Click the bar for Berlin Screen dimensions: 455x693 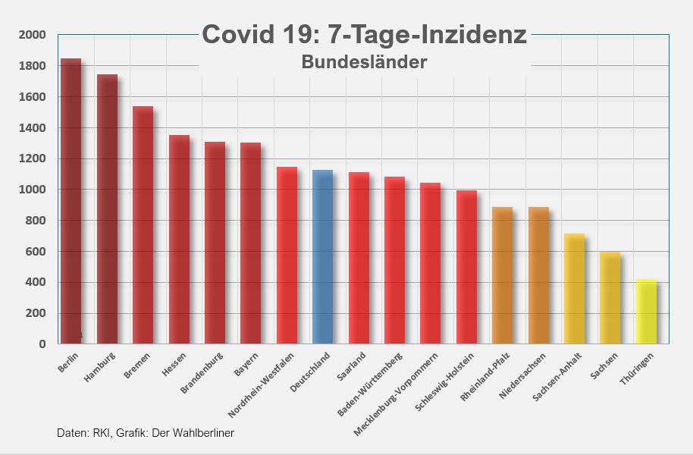click(71, 201)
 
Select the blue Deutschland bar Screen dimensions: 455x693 click(323, 257)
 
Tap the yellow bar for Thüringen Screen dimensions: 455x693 click(647, 312)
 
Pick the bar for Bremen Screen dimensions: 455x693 click(143, 225)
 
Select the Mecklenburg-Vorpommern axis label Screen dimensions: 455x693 click(397, 393)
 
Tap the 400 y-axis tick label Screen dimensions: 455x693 click(36, 282)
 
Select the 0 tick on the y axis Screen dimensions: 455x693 click(42, 344)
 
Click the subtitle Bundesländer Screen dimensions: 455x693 click(364, 62)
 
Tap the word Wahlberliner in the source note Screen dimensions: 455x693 click(204, 433)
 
